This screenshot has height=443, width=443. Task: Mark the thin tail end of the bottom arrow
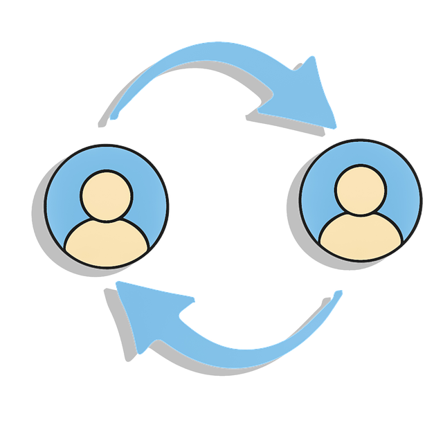pos(338,293)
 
